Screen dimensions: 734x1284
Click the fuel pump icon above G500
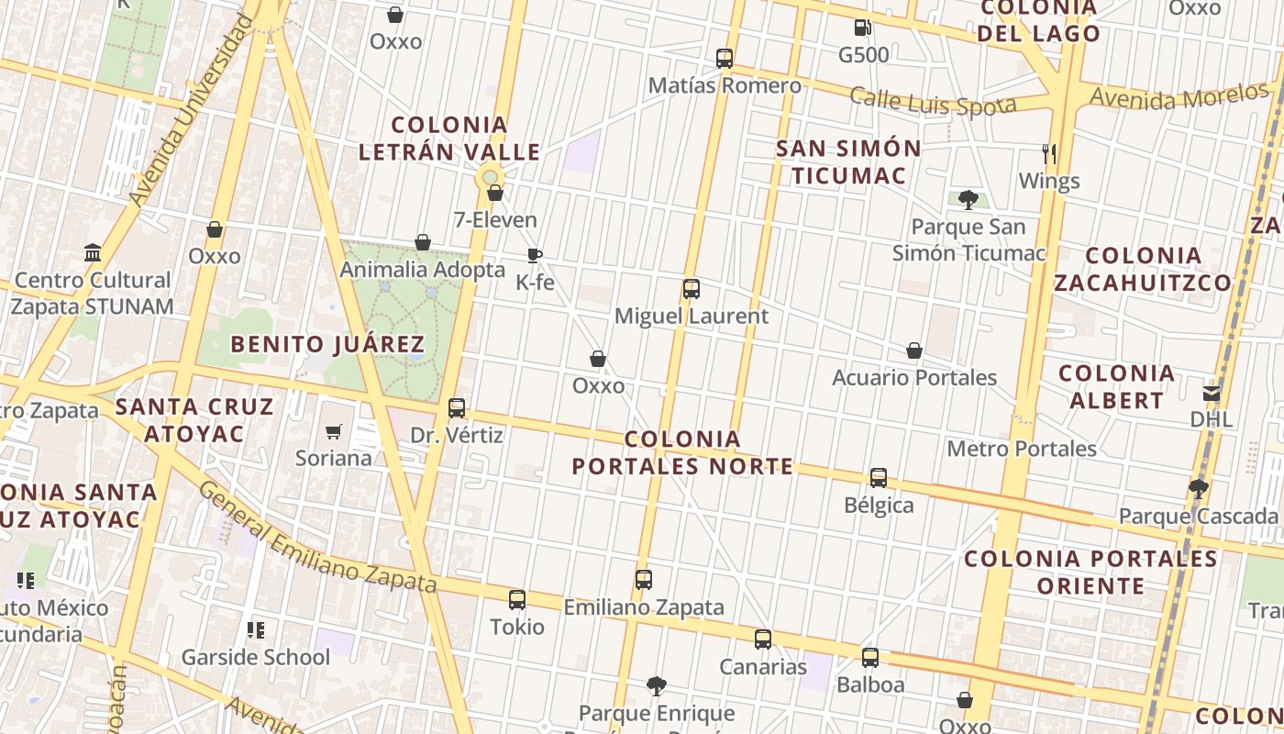tap(861, 28)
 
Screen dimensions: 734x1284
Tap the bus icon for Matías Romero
tap(725, 59)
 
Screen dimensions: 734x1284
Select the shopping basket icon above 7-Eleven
tap(495, 193)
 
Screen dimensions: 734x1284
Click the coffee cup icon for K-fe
tap(535, 255)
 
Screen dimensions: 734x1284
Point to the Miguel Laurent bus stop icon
tap(692, 289)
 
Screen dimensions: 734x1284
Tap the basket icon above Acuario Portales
tap(914, 350)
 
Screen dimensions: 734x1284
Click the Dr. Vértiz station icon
tap(457, 408)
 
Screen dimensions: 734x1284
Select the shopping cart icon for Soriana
tap(334, 431)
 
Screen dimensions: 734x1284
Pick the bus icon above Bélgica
tap(879, 478)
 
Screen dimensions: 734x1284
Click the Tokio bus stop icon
tap(517, 600)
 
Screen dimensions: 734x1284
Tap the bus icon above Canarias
tap(763, 639)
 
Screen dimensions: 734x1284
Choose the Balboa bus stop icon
tap(870, 658)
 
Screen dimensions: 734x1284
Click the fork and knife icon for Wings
tap(1049, 153)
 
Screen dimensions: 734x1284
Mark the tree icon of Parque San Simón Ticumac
tap(968, 199)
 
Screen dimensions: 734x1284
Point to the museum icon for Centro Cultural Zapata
tap(93, 252)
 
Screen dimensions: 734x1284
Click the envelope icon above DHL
tap(1212, 393)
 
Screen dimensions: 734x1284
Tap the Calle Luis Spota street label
tap(933, 102)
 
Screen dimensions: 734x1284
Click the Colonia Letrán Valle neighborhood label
tap(449, 139)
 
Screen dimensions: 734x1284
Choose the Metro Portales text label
tap(1022, 449)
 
